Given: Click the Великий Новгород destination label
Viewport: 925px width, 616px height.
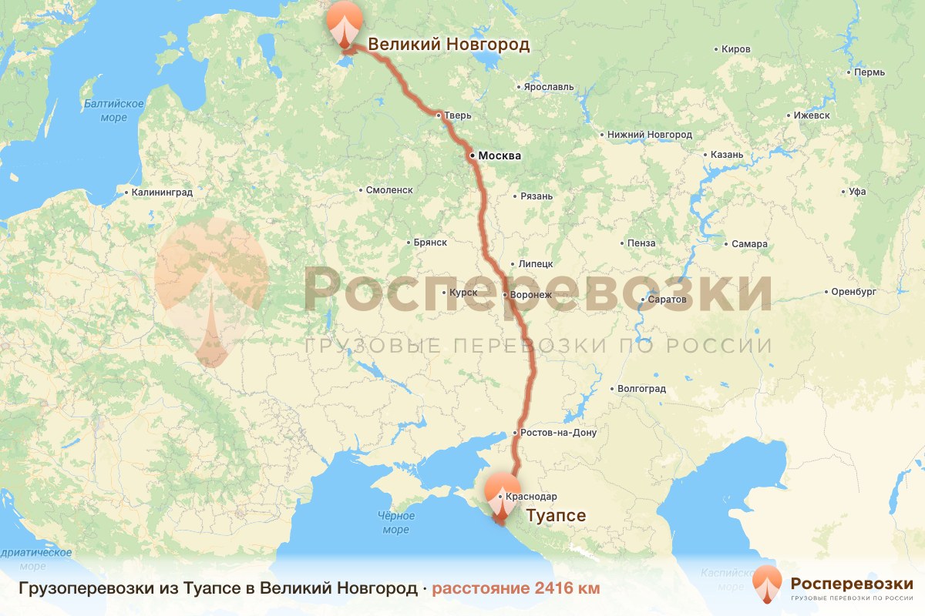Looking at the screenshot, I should tap(449, 45).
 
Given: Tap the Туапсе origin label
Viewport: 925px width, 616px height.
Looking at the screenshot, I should tap(555, 515).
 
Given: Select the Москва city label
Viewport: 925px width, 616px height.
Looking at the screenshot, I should tap(499, 156).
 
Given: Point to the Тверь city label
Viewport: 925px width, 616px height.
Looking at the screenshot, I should tap(457, 116).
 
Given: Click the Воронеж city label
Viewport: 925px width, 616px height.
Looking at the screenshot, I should tap(531, 295).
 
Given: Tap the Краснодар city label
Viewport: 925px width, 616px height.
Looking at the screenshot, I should tap(532, 497).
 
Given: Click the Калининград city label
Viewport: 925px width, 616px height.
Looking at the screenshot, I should tap(162, 192).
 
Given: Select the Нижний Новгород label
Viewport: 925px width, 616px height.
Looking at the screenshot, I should tap(649, 135).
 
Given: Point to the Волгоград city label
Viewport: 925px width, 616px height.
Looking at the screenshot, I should tap(642, 389).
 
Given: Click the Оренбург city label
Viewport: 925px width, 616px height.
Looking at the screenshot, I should tap(855, 293).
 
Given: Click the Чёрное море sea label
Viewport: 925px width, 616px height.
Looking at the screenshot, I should tap(395, 522).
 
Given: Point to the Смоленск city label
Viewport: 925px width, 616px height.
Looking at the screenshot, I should tap(390, 190).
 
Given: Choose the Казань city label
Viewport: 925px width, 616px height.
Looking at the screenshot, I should tap(727, 155).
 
